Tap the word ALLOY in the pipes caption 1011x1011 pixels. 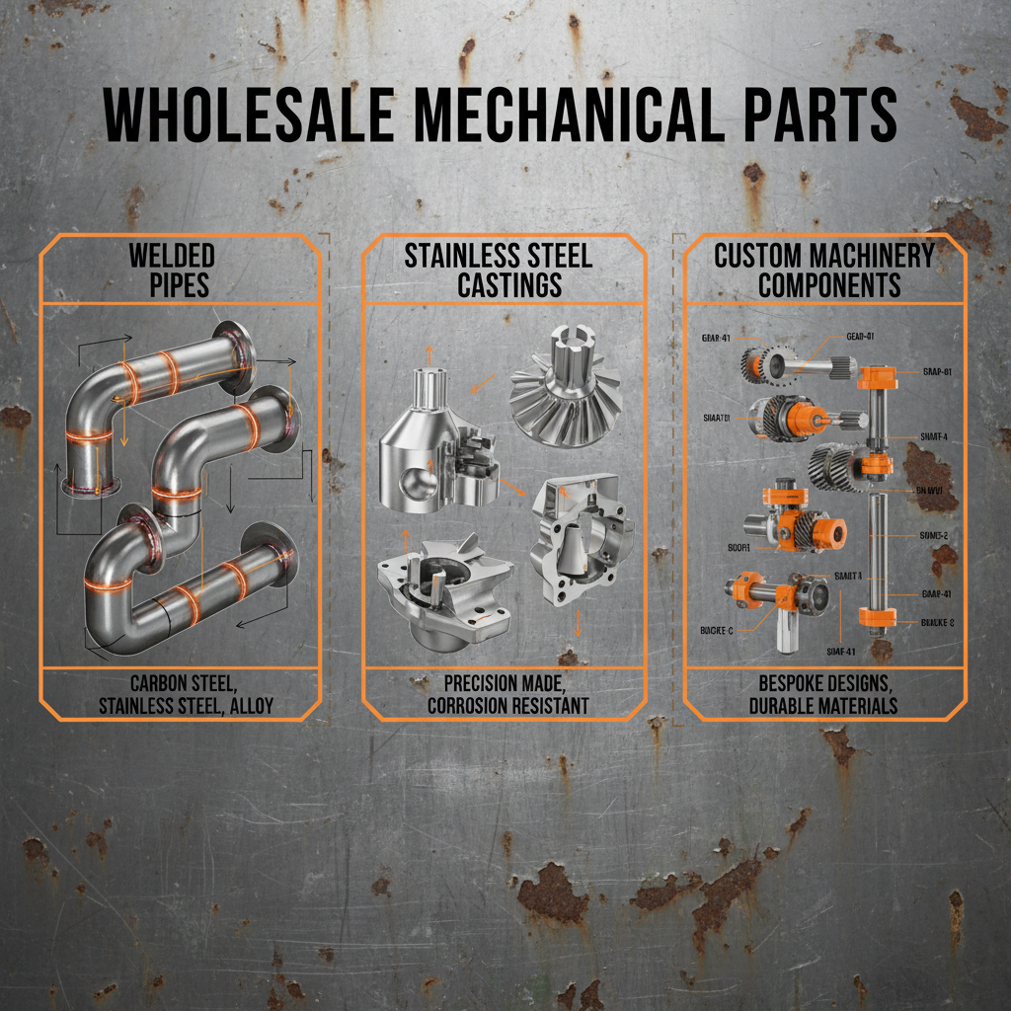point(250,705)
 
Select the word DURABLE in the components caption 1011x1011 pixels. point(777,705)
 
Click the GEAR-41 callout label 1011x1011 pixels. point(716,337)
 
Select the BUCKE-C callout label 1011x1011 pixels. point(716,629)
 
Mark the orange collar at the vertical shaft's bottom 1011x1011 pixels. point(877,617)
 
